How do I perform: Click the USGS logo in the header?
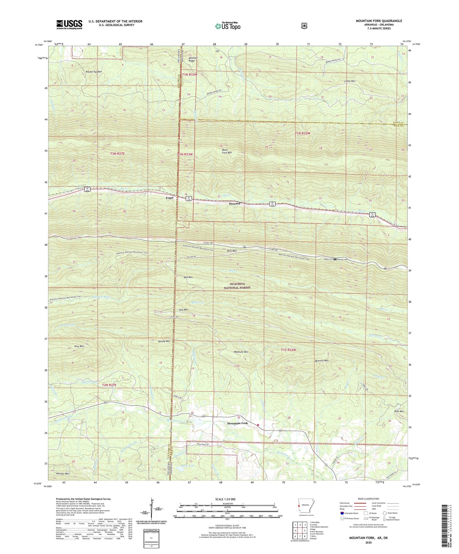[69, 24]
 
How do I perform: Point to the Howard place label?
[235, 204]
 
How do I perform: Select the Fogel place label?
[170, 198]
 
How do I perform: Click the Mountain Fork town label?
[237, 423]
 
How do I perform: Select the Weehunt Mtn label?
[240, 352]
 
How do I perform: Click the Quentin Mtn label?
[321, 361]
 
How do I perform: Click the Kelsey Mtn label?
[164, 341]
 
